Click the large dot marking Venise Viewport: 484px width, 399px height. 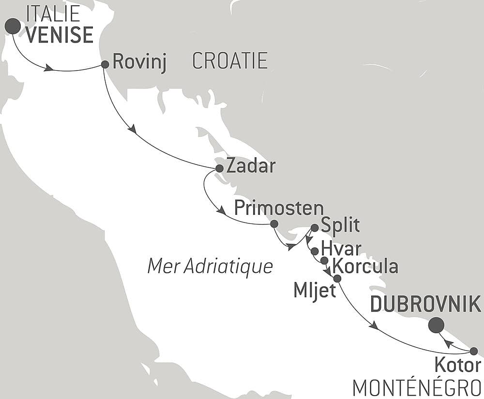tap(13, 26)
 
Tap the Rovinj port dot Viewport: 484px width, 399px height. tap(105, 64)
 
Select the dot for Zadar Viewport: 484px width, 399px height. tap(219, 168)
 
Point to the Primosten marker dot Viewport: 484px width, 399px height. tap(274, 223)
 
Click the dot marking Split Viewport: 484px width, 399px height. tap(315, 227)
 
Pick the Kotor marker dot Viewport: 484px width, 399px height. tap(474, 351)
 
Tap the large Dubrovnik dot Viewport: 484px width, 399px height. tap(437, 325)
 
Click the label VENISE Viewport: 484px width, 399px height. tap(60, 35)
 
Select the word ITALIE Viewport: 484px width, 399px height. tap(53, 14)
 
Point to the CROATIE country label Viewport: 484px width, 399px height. tap(230, 61)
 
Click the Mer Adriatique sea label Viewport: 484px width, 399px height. tap(210, 266)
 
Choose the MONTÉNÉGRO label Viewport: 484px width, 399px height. tap(417, 388)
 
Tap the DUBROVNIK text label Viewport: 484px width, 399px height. tap(425, 305)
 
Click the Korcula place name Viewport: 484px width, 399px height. tap(366, 266)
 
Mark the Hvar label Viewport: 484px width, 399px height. tap(341, 249)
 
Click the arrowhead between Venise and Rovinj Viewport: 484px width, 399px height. tap(48, 68)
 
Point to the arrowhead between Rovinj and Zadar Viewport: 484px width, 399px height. tap(132, 129)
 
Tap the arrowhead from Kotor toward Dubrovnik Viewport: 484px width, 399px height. tap(449, 343)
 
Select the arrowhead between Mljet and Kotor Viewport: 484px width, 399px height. tap(373, 326)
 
